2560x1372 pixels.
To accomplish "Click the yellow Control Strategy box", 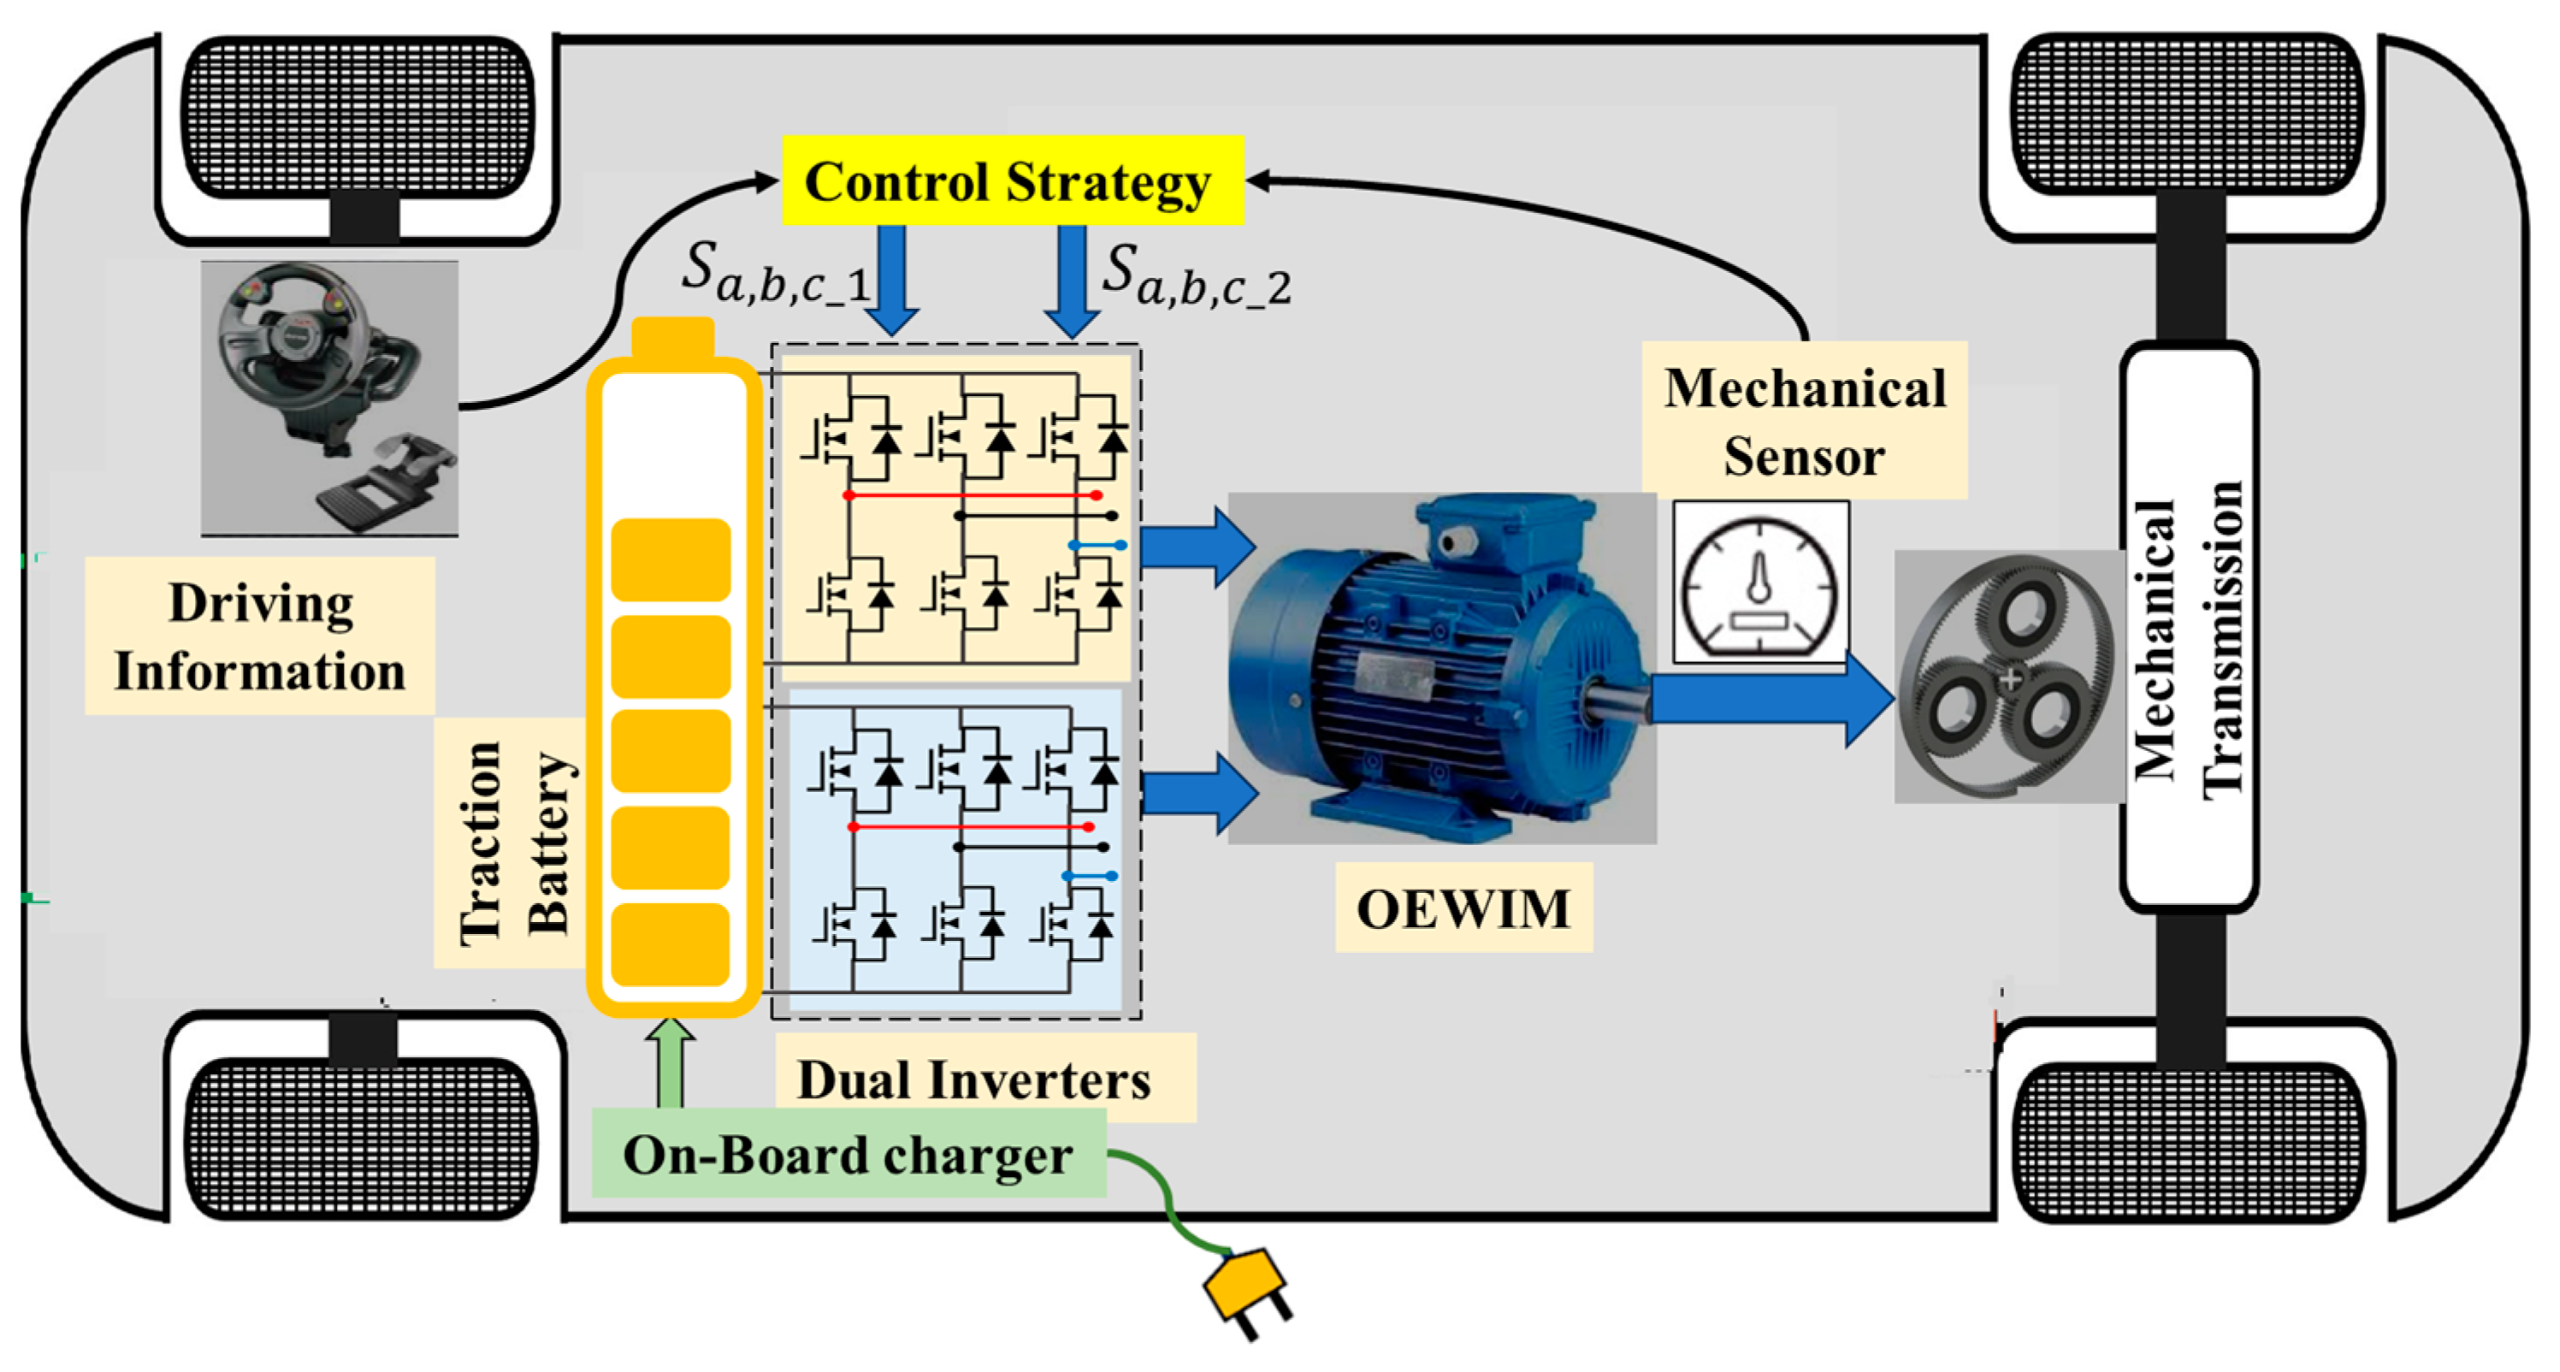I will [1012, 180].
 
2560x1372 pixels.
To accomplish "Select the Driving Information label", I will [259, 636].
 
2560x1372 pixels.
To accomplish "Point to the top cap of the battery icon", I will [673, 338].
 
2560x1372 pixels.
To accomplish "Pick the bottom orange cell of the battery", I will [671, 943].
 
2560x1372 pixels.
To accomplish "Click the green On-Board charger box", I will [848, 1155].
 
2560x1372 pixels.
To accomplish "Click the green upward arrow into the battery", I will [671, 1063].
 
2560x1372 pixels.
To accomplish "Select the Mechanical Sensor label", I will [1804, 421].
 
